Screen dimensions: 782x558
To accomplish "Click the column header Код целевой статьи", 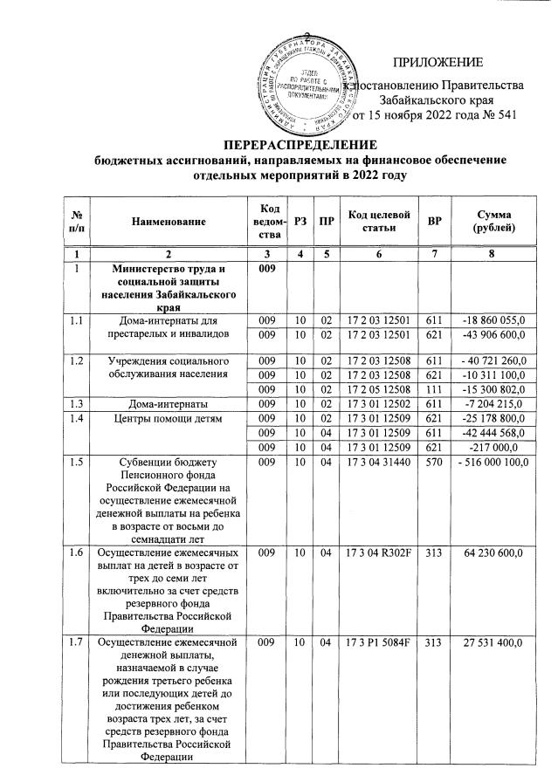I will point(378,222).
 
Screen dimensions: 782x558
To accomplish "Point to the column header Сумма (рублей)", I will point(494,222).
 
